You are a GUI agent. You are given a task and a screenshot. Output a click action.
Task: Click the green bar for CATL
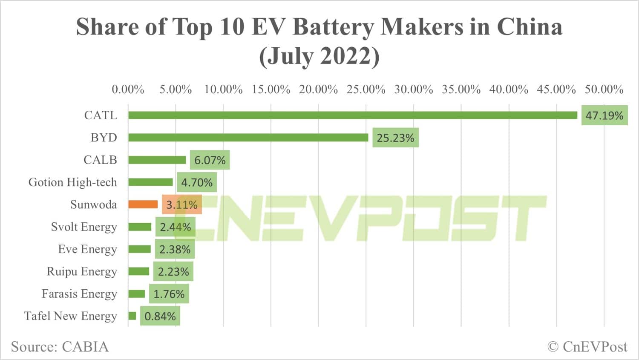[353, 115]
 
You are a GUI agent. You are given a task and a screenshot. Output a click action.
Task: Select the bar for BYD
[248, 138]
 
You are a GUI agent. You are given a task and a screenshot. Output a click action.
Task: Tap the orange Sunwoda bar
[143, 204]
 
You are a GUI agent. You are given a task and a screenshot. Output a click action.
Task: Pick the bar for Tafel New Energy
[132, 316]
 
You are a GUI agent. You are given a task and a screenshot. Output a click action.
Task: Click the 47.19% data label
[604, 115]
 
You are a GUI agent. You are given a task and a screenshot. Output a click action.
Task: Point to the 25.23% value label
[395, 138]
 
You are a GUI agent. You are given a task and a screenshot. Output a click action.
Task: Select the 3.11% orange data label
[182, 205]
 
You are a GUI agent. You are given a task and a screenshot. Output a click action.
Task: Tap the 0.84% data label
[160, 317]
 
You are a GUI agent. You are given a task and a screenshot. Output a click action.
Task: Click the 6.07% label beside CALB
[210, 160]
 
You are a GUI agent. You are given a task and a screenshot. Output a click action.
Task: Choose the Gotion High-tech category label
[72, 182]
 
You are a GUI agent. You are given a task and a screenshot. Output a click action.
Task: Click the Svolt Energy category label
[84, 227]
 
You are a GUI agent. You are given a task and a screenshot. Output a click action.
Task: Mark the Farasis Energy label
[79, 294]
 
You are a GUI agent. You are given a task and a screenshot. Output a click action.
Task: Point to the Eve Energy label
[87, 249]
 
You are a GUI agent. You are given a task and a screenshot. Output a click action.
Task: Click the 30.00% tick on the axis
[413, 89]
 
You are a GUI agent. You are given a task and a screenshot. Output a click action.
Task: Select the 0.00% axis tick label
[128, 89]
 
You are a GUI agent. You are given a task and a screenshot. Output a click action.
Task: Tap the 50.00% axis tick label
[604, 89]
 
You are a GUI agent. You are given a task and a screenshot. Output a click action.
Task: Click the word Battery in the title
[334, 27]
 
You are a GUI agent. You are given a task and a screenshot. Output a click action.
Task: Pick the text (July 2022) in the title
[319, 56]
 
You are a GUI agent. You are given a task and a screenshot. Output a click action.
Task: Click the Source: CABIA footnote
[60, 347]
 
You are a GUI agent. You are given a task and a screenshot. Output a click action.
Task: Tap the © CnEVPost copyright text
[587, 347]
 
